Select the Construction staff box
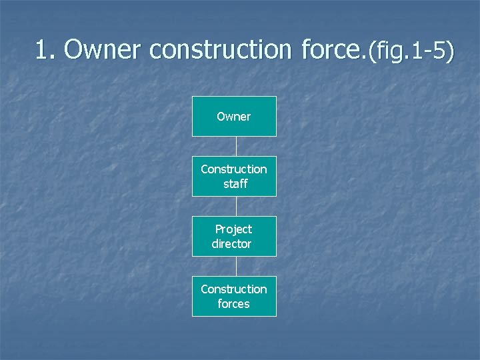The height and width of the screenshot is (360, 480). (x=234, y=176)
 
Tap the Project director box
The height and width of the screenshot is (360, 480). (x=234, y=236)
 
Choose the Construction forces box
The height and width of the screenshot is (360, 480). (x=234, y=296)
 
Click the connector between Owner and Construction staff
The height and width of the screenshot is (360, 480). (x=235, y=146)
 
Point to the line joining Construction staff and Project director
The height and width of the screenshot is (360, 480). (x=235, y=206)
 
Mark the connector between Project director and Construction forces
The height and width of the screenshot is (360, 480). (x=235, y=266)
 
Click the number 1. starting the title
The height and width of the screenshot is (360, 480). (x=47, y=49)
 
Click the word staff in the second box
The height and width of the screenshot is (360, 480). (x=235, y=184)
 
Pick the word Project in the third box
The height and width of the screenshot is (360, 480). (x=233, y=229)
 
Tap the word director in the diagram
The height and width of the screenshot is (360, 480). (x=231, y=244)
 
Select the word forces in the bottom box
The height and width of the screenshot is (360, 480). (x=233, y=304)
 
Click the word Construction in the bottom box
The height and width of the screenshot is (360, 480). (x=234, y=289)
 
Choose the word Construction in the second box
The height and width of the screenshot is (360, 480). (x=234, y=169)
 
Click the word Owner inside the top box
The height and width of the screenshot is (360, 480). (x=234, y=117)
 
